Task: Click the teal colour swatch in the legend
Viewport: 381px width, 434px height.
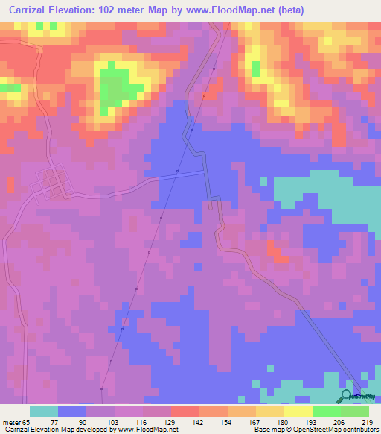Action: (x=44, y=411)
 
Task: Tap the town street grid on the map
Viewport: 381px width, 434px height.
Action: (x=51, y=183)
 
